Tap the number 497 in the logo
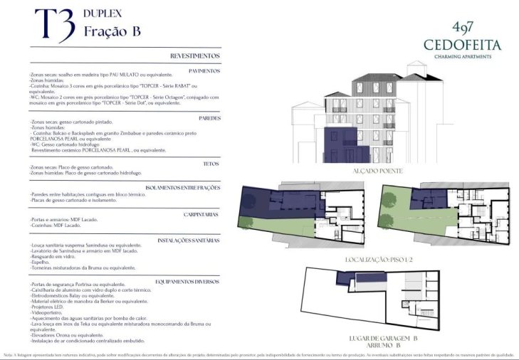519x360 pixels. (x=463, y=28)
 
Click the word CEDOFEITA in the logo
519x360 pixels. (x=462, y=45)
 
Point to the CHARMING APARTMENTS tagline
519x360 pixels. (x=463, y=57)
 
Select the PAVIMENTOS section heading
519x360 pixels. (x=204, y=71)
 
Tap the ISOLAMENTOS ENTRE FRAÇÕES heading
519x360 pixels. (x=182, y=188)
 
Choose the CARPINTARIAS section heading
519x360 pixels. (x=199, y=213)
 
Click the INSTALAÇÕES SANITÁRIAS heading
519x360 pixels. (x=189, y=240)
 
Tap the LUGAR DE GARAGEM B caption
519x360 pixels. (x=383, y=338)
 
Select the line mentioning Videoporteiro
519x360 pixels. (x=48, y=312)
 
